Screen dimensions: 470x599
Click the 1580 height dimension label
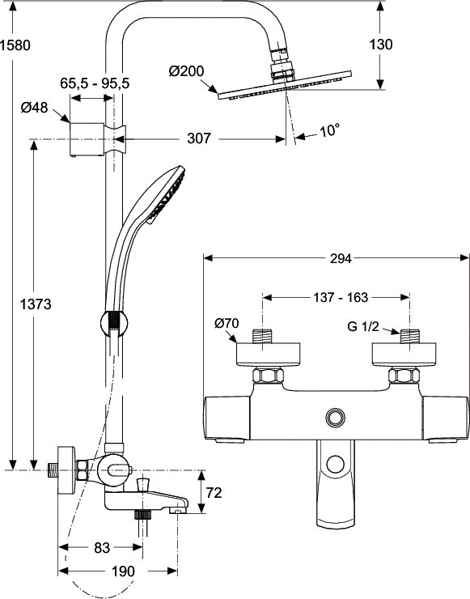[15, 45]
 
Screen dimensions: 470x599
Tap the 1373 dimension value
[36, 304]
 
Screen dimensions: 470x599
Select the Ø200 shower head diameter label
[186, 71]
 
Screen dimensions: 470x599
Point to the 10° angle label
[329, 130]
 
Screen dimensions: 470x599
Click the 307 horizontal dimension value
[198, 138]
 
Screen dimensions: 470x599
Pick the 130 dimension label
[381, 45]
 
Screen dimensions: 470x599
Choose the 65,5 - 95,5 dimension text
[95, 83]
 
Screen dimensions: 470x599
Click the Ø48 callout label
[34, 108]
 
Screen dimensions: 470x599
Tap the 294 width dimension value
[341, 259]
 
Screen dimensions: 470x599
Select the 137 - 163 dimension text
[341, 297]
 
